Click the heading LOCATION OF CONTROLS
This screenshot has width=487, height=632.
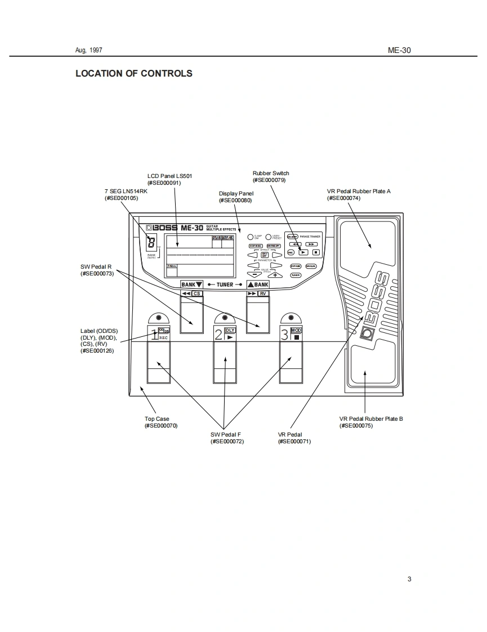tap(134, 73)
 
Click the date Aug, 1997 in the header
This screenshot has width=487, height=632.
tap(89, 50)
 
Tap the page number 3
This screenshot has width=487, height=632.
tap(409, 579)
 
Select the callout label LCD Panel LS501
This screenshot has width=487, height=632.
tap(169, 176)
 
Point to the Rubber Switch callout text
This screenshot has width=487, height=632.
tap(271, 173)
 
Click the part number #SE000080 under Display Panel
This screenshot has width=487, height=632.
tap(236, 201)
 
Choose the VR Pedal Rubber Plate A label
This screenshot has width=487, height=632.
tap(359, 192)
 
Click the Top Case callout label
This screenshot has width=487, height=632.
tap(157, 419)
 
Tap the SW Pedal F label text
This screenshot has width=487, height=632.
tap(226, 435)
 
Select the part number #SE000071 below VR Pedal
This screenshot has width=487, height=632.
tap(294, 442)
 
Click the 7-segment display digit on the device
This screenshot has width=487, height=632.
tap(151, 243)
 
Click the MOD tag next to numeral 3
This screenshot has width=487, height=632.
tap(296, 330)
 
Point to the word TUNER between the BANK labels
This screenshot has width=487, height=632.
tap(225, 285)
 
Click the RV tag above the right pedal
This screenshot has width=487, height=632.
tap(263, 293)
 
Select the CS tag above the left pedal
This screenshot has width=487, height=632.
tap(196, 293)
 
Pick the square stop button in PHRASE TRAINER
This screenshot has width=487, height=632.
tap(316, 252)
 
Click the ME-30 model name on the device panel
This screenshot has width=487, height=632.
tap(192, 228)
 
